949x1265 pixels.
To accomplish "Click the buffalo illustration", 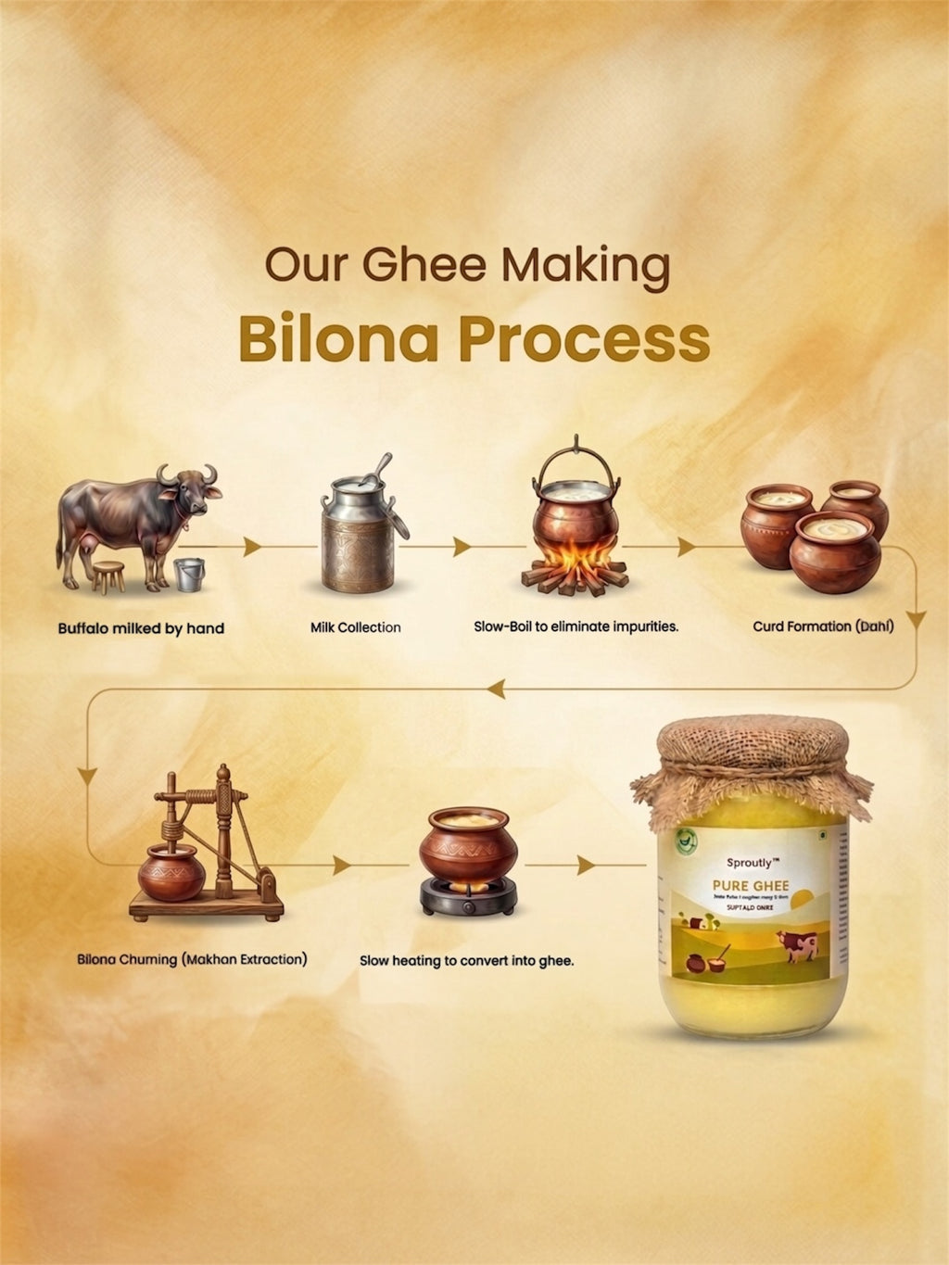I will (x=139, y=519).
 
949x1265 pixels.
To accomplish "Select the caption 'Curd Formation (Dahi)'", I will (x=823, y=626).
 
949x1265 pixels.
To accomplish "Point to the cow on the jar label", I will (x=799, y=945).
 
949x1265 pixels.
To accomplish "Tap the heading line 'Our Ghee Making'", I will (x=468, y=265).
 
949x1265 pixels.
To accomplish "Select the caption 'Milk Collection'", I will (x=355, y=627).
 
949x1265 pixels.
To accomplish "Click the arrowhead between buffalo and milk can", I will (x=251, y=547).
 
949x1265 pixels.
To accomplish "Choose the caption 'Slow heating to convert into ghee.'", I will (x=466, y=961).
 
